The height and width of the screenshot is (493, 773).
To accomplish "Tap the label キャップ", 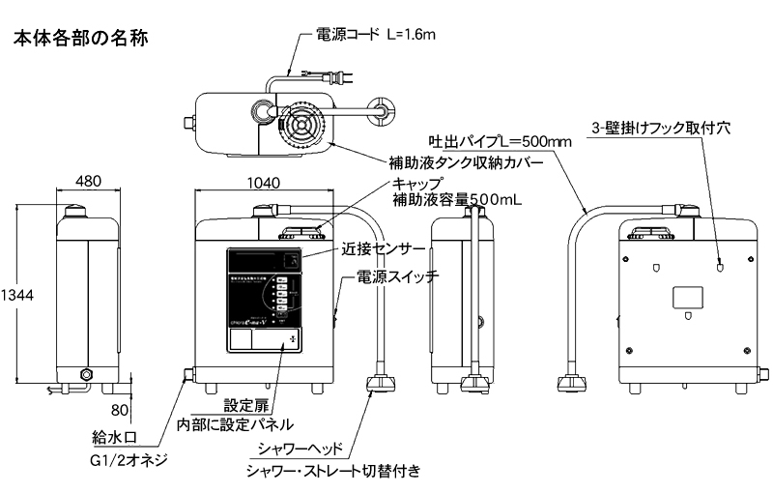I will (416, 184).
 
